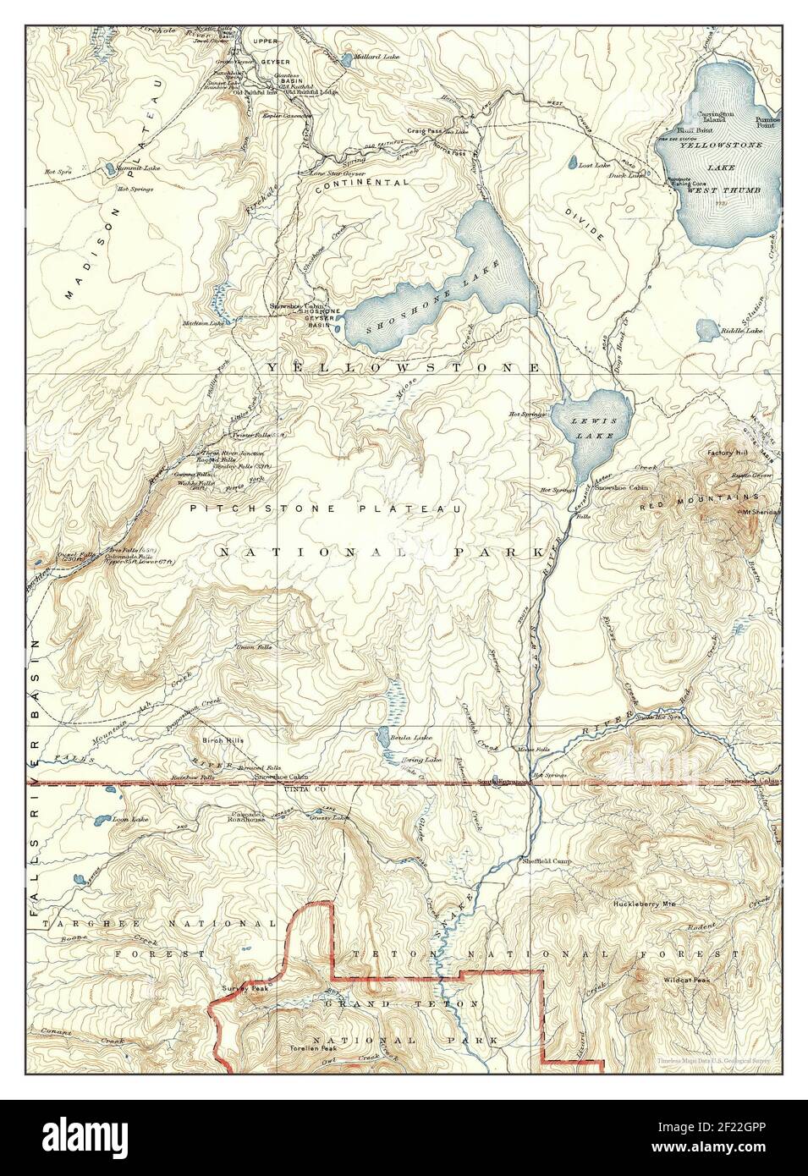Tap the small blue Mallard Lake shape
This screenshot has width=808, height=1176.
point(347,59)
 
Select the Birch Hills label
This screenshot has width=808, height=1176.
point(223,739)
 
